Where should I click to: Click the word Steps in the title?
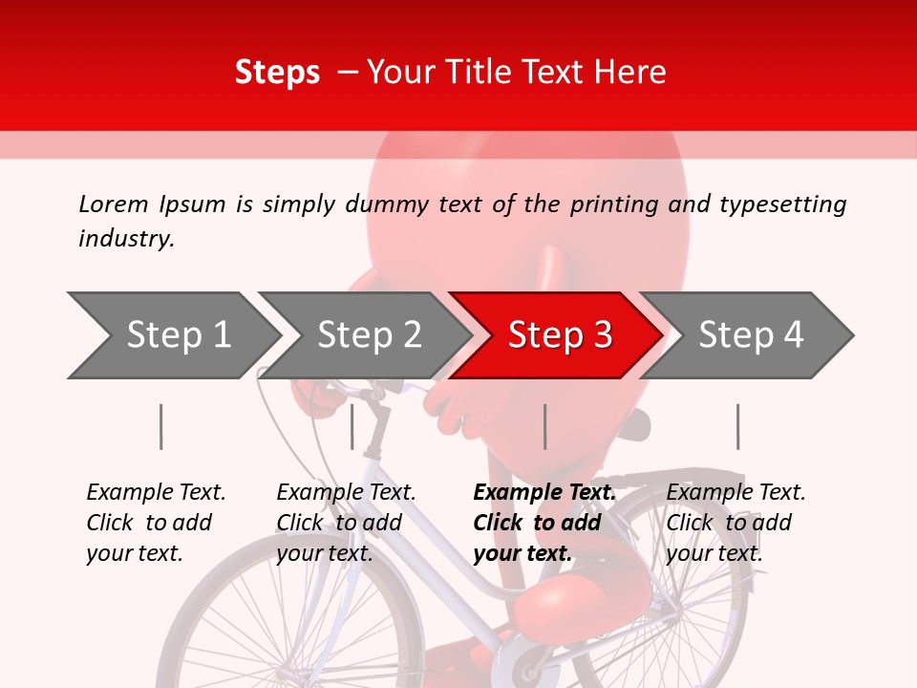click(277, 73)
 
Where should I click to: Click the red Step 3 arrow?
click(559, 335)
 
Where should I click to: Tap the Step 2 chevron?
click(369, 335)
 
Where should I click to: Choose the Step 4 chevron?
click(751, 335)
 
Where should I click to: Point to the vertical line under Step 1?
click(161, 426)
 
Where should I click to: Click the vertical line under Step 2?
click(352, 426)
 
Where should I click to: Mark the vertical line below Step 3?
click(545, 426)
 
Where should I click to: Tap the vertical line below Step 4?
click(737, 426)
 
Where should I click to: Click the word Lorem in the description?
click(114, 204)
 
